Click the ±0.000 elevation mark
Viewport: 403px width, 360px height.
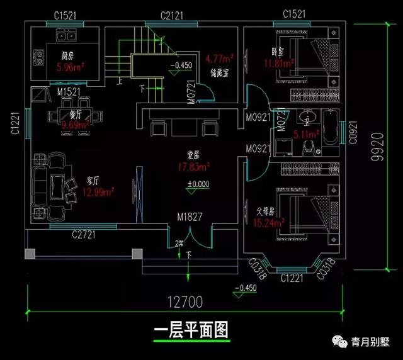198,184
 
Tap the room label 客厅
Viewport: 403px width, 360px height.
93,181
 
